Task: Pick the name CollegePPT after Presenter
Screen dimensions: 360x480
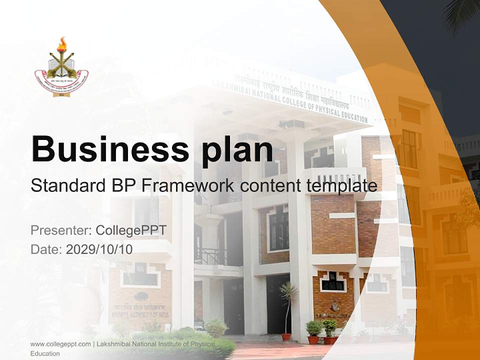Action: [x=131, y=230]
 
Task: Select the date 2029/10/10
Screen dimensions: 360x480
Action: [x=99, y=249]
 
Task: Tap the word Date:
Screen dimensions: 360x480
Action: [x=46, y=249]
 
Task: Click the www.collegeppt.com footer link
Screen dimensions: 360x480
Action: [x=60, y=344]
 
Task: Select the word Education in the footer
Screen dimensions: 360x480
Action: [x=44, y=353]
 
